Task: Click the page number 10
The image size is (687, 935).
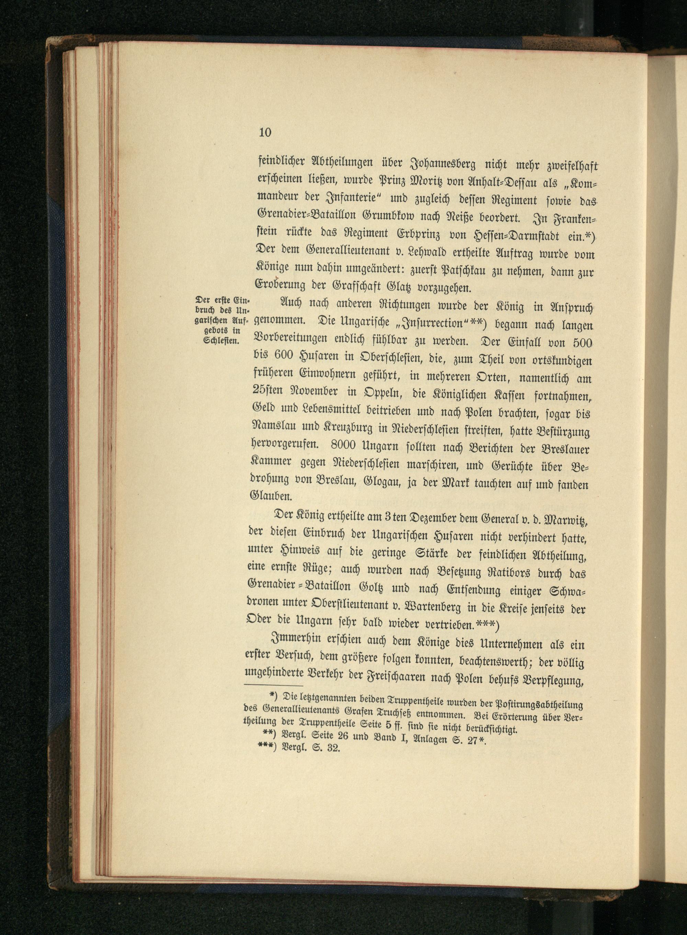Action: click(x=265, y=133)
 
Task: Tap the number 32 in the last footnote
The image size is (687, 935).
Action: click(x=333, y=750)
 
